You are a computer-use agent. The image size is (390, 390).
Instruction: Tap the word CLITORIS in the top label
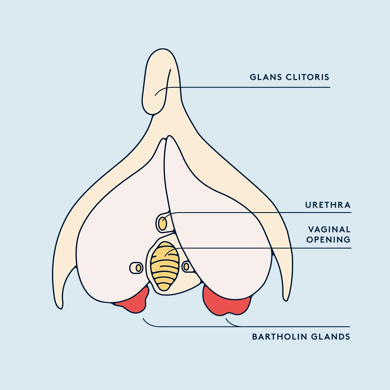[x=308, y=77]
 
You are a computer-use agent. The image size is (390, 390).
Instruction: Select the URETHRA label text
[x=328, y=205]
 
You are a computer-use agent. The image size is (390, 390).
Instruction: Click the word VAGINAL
[x=329, y=229]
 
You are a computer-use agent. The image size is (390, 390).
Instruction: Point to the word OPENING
[x=328, y=239]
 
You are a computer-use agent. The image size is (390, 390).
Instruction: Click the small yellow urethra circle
[x=162, y=223]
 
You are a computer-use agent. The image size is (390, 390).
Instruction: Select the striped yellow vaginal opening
[x=165, y=266]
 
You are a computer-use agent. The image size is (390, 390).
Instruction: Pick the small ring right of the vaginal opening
[x=186, y=267]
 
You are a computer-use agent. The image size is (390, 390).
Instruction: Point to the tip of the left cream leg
[x=59, y=308]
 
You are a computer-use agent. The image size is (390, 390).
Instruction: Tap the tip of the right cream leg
[x=286, y=300]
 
